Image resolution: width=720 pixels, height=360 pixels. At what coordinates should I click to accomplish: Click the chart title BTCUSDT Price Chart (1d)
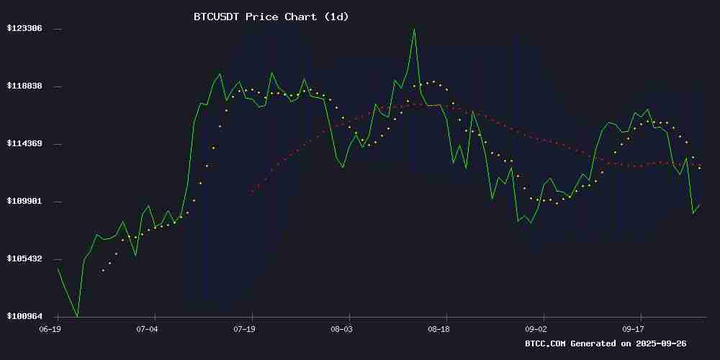(x=271, y=17)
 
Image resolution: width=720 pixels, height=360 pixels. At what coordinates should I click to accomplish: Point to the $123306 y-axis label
(x=24, y=28)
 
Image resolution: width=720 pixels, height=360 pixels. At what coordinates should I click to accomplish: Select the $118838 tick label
(x=24, y=86)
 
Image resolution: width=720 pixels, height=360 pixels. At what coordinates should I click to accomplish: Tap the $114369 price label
(x=24, y=143)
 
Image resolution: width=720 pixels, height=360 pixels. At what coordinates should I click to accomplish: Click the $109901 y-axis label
(x=24, y=201)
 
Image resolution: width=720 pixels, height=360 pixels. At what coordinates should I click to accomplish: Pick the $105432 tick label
(x=24, y=258)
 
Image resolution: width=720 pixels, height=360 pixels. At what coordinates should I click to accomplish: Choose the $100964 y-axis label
(x=24, y=316)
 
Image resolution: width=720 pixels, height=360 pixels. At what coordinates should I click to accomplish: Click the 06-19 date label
(x=50, y=329)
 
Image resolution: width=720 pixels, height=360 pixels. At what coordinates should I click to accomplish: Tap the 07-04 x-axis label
(x=147, y=329)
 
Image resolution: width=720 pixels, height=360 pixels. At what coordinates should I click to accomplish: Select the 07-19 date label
(x=244, y=329)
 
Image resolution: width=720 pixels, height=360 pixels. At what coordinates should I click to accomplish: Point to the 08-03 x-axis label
(x=341, y=329)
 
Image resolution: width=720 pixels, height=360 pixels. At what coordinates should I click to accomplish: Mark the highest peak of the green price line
(x=414, y=29)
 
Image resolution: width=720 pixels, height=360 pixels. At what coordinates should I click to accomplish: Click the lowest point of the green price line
(x=77, y=316)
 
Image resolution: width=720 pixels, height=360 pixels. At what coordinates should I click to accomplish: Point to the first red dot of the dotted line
(x=252, y=192)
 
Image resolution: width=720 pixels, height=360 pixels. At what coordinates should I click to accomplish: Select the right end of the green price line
(x=700, y=204)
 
